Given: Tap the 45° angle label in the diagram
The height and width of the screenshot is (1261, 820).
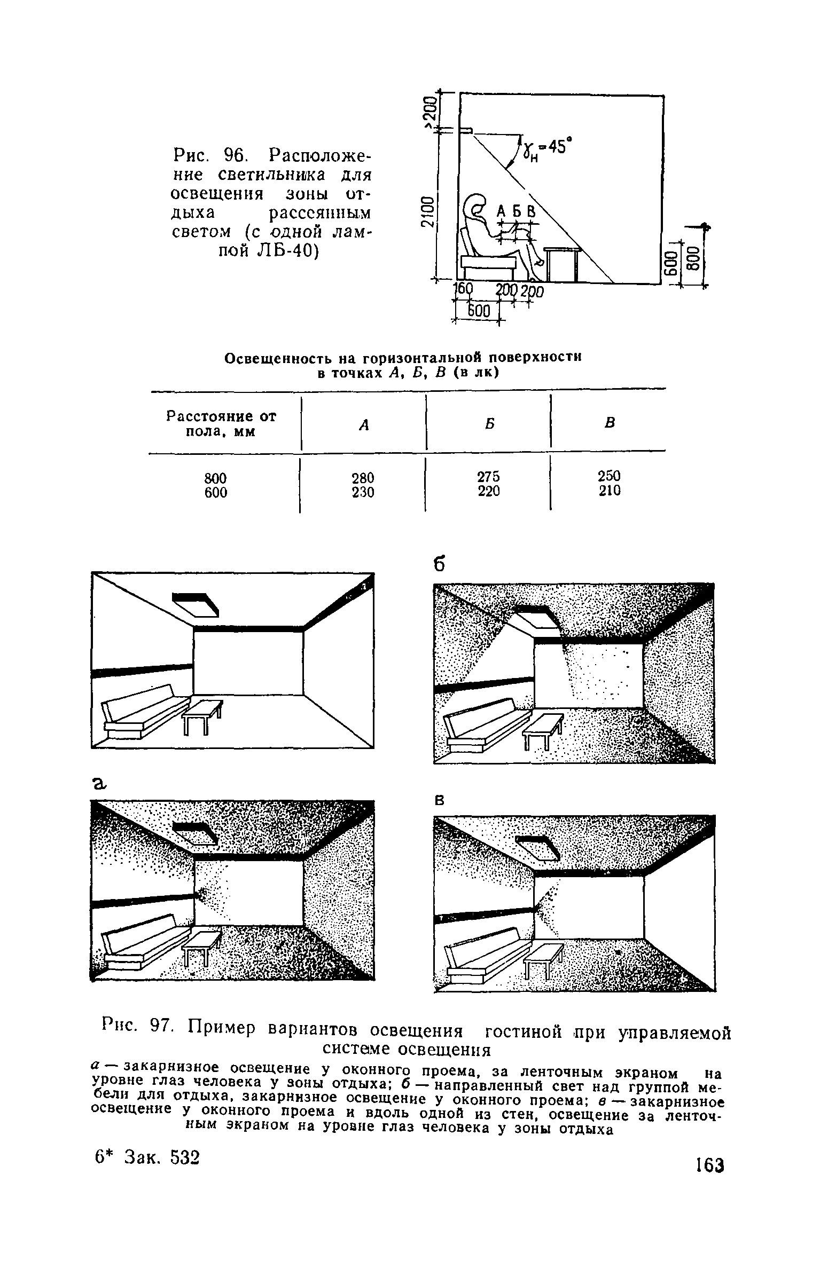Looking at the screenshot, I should coord(556,147).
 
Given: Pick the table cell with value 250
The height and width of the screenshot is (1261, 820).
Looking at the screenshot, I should coord(610,475).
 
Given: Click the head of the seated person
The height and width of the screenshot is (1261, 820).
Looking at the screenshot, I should coord(477,206).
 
